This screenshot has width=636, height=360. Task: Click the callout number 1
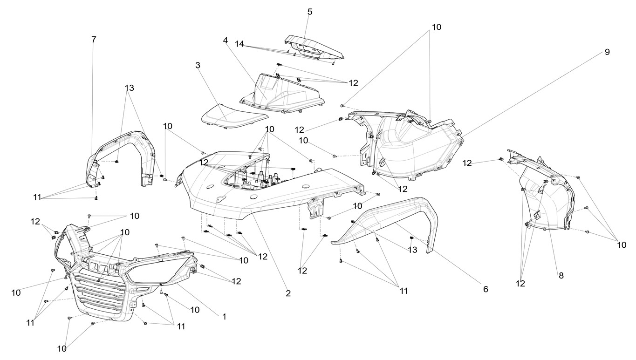pos(224,316)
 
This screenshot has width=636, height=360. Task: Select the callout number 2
pos(288,293)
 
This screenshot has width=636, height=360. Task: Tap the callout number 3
pos(198,65)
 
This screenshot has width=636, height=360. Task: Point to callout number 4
pos(226,41)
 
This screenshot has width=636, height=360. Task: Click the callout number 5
pos(310,12)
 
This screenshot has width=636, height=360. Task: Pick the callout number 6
pos(486,289)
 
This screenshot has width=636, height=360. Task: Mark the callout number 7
pos(94,40)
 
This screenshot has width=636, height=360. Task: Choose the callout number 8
pos(561,275)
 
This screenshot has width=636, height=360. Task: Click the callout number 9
pos(607,52)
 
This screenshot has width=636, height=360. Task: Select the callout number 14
pos(239,44)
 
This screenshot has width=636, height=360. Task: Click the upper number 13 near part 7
pos(129,88)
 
